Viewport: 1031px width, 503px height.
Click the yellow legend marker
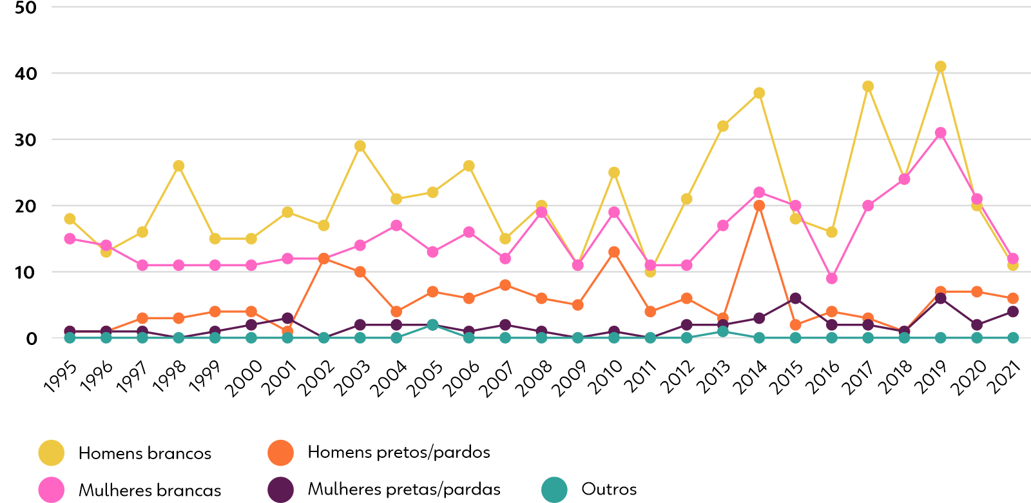pos(51,453)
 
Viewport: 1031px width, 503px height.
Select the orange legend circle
pos(280,453)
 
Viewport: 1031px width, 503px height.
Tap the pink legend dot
pos(51,489)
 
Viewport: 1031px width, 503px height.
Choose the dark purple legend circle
pos(280,489)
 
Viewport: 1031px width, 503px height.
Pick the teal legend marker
pos(554,489)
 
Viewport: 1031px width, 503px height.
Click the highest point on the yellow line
pos(940,66)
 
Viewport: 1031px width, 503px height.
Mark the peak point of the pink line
pos(940,133)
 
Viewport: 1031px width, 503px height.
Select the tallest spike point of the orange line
pos(759,206)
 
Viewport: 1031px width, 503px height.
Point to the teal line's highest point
pos(432,324)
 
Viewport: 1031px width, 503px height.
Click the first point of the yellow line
pos(70,219)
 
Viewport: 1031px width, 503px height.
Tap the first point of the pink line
pos(70,239)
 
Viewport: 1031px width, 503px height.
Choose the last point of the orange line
pos(1013,298)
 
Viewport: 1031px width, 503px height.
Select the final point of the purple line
pos(1013,311)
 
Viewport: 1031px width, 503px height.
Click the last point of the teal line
pos(1013,337)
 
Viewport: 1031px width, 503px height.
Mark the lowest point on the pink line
pos(832,278)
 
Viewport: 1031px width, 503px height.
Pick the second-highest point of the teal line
pos(723,331)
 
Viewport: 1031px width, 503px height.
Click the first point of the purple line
pos(70,331)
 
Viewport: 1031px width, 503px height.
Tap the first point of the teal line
pos(70,338)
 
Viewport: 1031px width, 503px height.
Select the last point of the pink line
pos(1013,258)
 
